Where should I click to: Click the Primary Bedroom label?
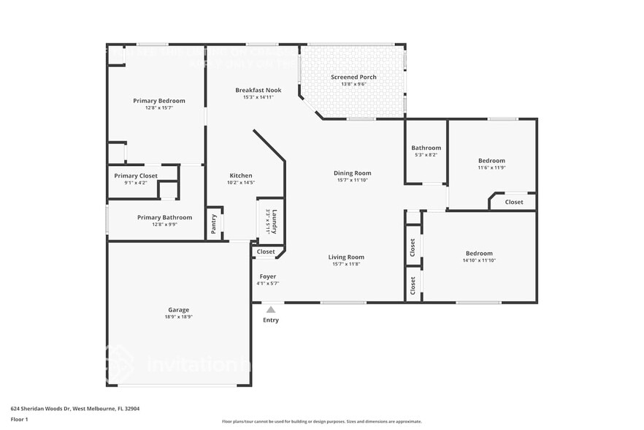click(x=158, y=101)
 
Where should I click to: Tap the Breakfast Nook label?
click(x=254, y=90)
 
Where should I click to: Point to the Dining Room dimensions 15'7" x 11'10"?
click(x=353, y=180)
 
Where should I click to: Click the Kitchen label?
click(x=241, y=176)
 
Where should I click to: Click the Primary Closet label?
click(x=136, y=176)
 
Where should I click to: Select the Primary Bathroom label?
click(x=165, y=217)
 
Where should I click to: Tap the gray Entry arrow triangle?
click(x=271, y=310)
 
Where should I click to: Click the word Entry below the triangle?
click(x=271, y=320)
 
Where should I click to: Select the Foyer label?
click(x=268, y=276)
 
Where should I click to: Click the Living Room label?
click(x=346, y=257)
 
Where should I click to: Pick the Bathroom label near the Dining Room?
click(x=426, y=148)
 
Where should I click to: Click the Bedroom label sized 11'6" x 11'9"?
click(x=491, y=161)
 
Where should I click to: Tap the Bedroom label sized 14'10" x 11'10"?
click(x=479, y=253)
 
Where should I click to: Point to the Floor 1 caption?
click(x=19, y=419)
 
